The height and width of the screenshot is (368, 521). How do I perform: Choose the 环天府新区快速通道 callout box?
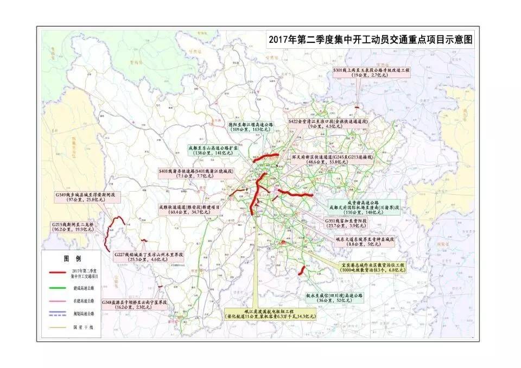(x=332, y=158)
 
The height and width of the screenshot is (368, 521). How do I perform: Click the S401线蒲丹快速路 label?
(x=196, y=174)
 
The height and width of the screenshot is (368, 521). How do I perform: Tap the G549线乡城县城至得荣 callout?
(x=88, y=198)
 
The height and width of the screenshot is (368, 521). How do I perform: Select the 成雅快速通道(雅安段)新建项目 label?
(x=190, y=210)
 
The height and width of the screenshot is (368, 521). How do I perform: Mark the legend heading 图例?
(x=72, y=258)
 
